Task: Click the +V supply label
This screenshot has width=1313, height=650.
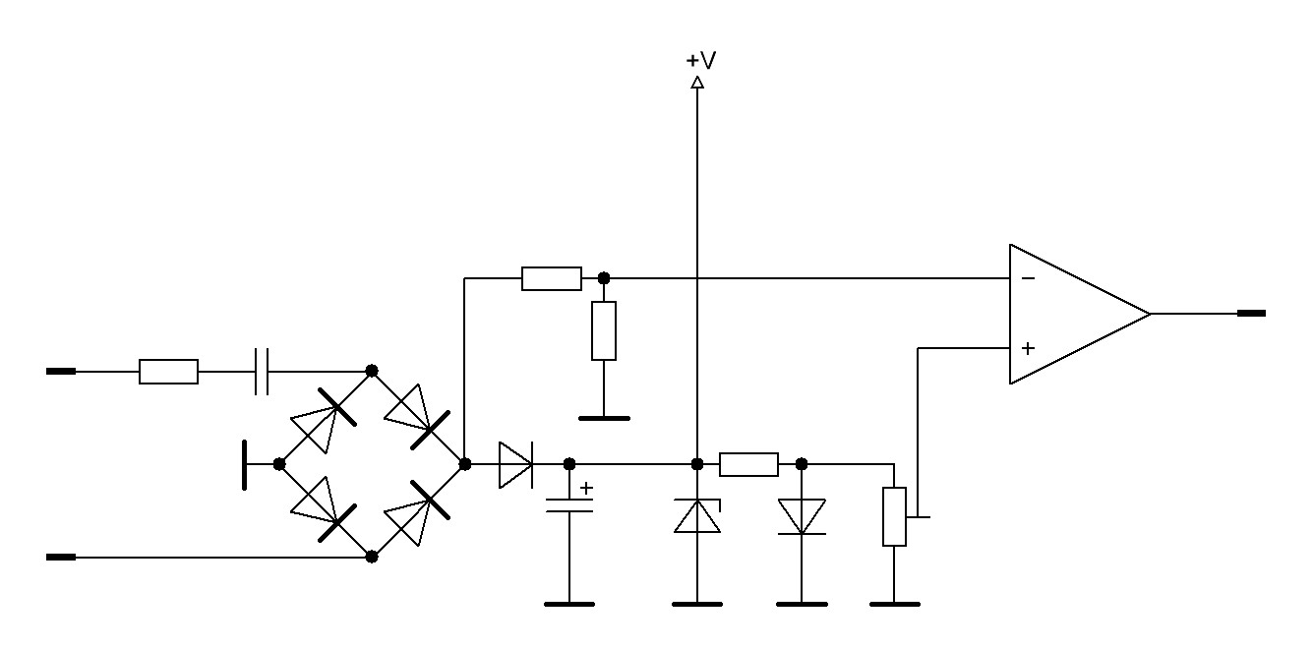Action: (x=700, y=61)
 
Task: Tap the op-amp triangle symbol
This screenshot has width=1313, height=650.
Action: (x=1072, y=314)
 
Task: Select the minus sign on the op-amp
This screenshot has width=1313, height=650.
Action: (x=1028, y=278)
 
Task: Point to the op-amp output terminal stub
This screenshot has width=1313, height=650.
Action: (x=1251, y=314)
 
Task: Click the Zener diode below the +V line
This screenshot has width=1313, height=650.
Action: (x=697, y=515)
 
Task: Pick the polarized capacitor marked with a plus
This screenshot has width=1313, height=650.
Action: (x=569, y=505)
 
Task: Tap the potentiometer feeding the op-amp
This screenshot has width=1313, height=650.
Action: (x=894, y=516)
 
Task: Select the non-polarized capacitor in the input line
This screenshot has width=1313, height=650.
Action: (x=262, y=372)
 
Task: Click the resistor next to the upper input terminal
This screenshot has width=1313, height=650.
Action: (x=168, y=372)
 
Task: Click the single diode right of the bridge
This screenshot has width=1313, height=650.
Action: (x=515, y=464)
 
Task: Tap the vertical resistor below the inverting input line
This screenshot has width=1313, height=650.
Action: (x=604, y=330)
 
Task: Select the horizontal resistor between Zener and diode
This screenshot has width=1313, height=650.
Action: (x=748, y=464)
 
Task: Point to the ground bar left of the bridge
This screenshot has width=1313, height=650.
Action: (x=244, y=464)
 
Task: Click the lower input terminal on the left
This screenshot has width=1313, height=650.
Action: (x=61, y=557)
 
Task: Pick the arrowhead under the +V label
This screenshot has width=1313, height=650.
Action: (x=697, y=84)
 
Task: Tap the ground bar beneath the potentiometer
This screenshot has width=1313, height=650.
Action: (x=894, y=604)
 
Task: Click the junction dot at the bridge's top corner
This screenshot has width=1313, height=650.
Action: (x=372, y=371)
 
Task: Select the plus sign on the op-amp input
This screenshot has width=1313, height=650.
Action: (x=1028, y=348)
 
